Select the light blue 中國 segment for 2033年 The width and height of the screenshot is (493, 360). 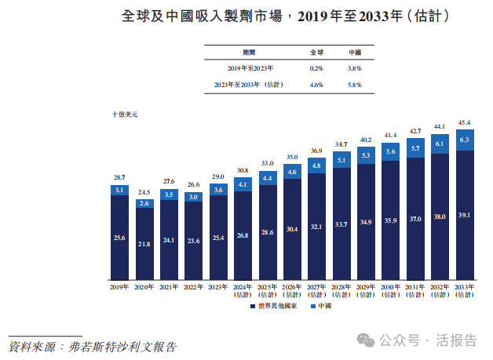coord(464,140)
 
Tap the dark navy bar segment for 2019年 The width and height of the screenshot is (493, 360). coord(119,237)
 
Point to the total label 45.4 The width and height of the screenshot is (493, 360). coord(464,123)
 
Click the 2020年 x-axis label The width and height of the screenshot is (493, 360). coord(144,288)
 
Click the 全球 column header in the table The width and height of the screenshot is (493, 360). coord(316,52)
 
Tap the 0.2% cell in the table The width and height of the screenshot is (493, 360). coord(316,68)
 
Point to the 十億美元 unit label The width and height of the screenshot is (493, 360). coord(124,115)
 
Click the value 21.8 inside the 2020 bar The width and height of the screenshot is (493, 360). coord(144,244)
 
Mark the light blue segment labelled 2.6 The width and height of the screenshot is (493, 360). coord(144,203)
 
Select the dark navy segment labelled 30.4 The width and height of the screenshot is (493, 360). coord(292,229)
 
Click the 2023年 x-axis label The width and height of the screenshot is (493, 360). coord(218,288)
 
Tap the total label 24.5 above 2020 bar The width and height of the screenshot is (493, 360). coord(144,191)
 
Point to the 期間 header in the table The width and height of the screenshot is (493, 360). coord(249,52)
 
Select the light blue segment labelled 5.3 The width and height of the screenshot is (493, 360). coord(366,155)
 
